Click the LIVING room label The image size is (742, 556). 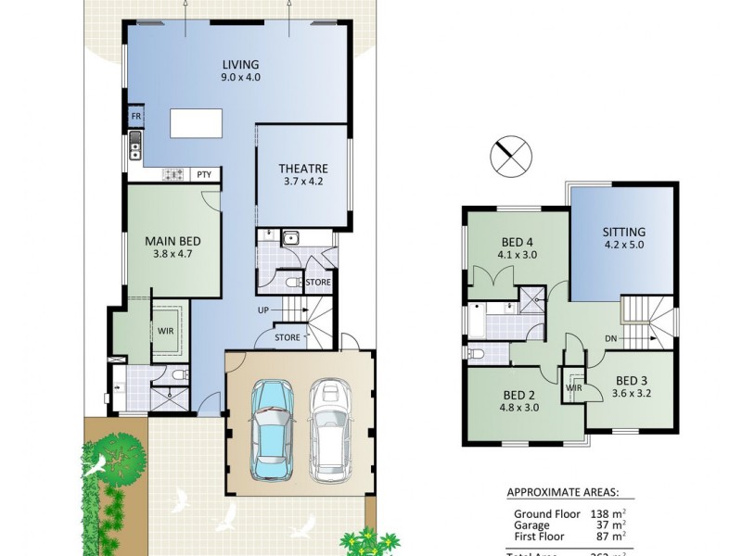click(240, 64)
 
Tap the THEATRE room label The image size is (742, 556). click(303, 169)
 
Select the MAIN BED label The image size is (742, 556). click(173, 241)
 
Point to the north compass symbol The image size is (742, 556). click(513, 156)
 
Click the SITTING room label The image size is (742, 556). click(623, 232)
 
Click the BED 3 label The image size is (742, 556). click(633, 380)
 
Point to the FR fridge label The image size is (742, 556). click(135, 117)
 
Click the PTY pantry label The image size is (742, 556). click(203, 174)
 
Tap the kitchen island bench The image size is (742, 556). click(195, 122)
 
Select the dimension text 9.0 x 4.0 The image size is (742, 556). click(240, 78)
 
